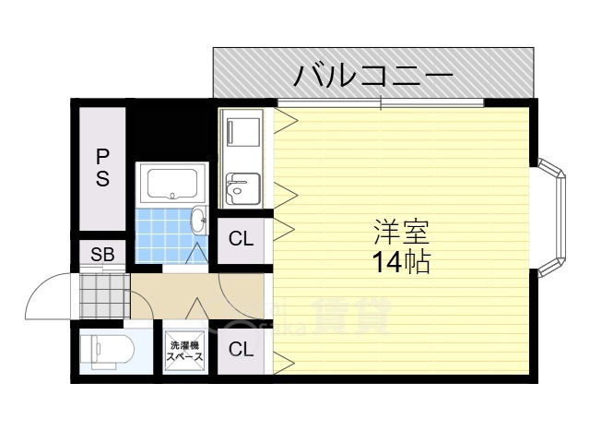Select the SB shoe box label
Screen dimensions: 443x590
pos(102,255)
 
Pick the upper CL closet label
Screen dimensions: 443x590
pos(241,238)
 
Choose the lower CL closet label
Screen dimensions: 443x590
pos(241,349)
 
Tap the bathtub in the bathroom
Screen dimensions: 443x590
pos(171,184)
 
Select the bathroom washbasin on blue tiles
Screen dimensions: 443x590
pos(199,220)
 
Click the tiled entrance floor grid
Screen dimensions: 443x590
pos(101,295)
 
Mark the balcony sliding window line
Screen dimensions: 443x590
pos(381,101)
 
